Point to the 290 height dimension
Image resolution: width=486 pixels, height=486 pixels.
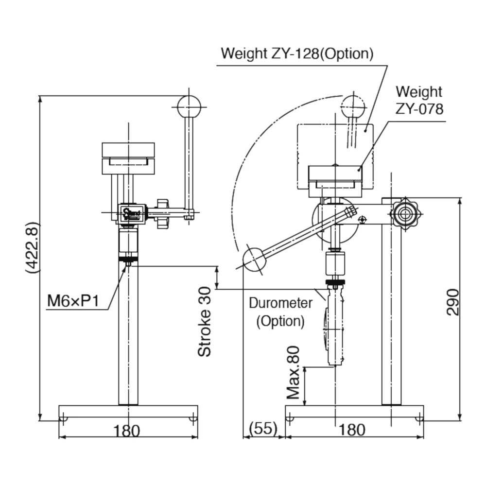pos(452,302)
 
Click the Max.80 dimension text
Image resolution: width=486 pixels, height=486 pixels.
pos(293,373)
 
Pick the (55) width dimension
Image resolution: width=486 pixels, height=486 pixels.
pos(262,429)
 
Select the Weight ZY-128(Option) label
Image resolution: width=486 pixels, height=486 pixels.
pos(297,53)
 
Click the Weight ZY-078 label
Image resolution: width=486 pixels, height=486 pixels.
pos(419,101)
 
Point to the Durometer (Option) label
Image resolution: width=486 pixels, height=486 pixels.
pos(280,312)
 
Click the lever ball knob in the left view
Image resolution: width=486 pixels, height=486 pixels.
pos(189,106)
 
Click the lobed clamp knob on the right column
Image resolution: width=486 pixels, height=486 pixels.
pos(406,213)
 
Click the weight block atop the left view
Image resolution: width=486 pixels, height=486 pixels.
pos(128,158)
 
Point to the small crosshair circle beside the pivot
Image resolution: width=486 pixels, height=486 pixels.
pos(362,220)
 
